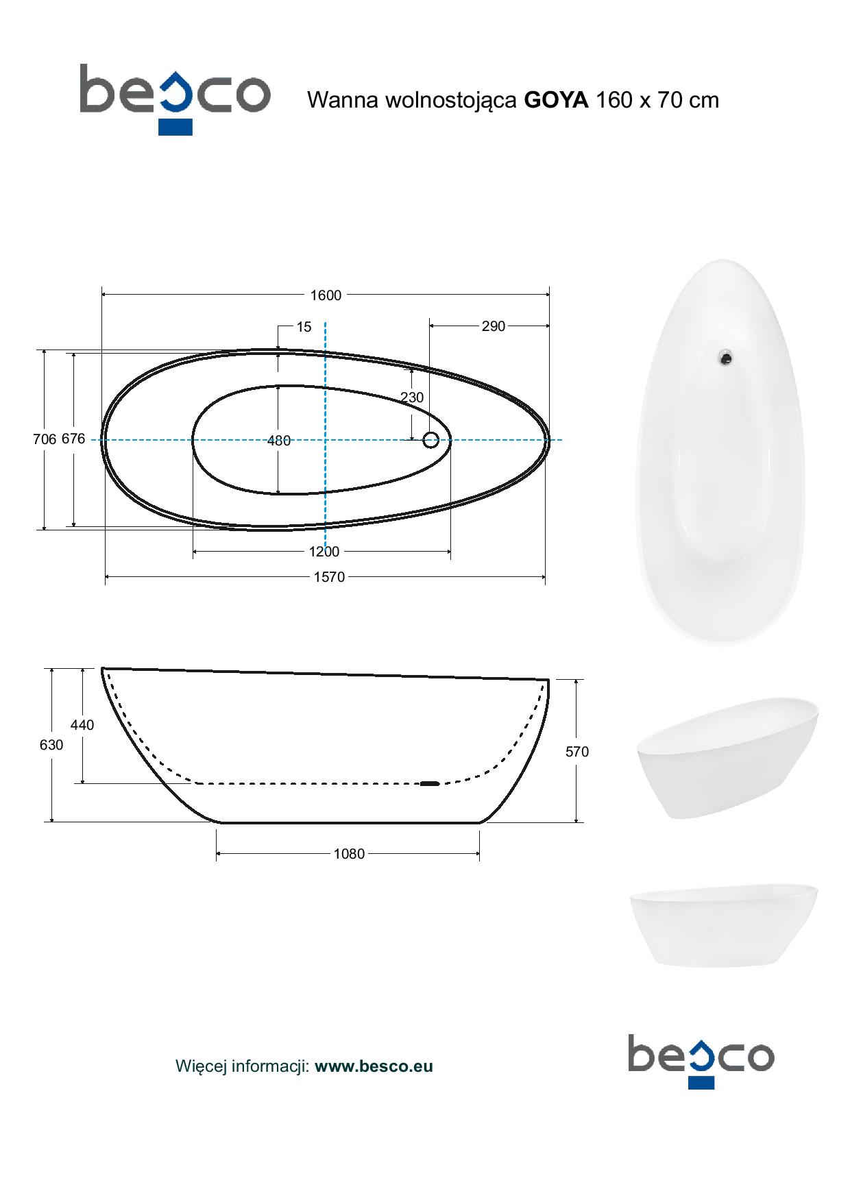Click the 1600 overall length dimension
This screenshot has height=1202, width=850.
coord(326,295)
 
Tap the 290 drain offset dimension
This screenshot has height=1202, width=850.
coord(493,327)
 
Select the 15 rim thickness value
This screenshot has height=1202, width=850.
coord(304,327)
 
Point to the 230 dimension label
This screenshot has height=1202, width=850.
coord(412,397)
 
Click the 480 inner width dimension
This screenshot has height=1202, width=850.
coord(279,441)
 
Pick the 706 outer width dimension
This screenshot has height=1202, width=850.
coord(45,439)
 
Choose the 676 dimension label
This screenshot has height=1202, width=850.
coord(73,439)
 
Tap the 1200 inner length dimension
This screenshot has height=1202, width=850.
coord(324,552)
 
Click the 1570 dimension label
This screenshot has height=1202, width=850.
coord(329,577)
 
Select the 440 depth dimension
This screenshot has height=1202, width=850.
coord(82,725)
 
